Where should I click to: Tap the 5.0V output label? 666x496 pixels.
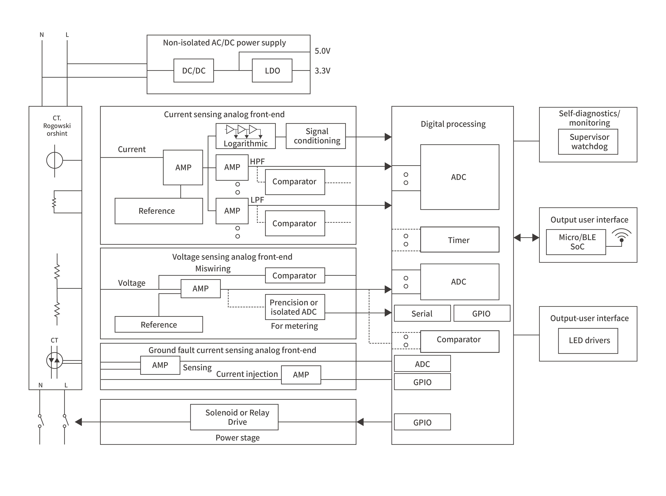click(x=322, y=51)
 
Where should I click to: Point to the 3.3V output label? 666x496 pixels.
click(x=322, y=71)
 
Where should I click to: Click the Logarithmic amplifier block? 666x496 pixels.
click(x=245, y=136)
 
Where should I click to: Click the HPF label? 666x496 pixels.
click(x=257, y=162)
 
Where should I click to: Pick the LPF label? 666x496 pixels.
click(x=257, y=200)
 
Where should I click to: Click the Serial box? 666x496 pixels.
click(x=422, y=313)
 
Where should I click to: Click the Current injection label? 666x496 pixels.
click(x=247, y=374)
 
